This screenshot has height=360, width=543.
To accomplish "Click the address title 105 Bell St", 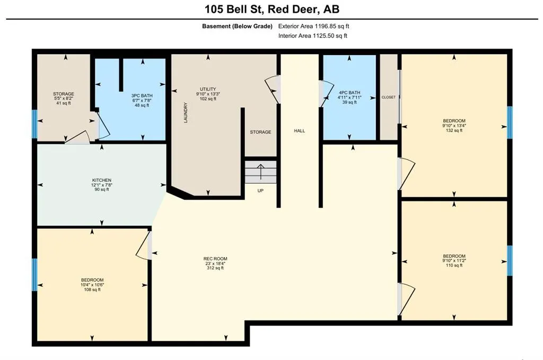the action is (234, 9).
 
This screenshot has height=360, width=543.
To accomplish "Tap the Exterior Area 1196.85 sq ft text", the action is (314, 26).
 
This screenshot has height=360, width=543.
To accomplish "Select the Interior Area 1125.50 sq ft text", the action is (313, 36).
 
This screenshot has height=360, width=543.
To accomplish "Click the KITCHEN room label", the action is (102, 180).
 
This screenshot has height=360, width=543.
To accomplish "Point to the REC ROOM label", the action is (215, 259).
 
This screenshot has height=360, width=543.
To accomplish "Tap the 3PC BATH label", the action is (142, 95).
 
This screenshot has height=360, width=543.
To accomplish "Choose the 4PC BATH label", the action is (349, 92).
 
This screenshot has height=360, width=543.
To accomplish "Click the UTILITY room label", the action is (208, 89).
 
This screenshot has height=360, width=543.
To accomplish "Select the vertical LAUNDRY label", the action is (186, 112).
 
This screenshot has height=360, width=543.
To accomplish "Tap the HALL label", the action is (300, 131).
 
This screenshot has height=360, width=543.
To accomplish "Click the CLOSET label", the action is (389, 97).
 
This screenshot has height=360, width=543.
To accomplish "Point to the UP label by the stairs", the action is (260, 191).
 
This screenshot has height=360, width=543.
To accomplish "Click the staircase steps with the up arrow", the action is (261, 172).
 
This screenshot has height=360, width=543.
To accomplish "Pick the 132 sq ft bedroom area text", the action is (454, 130).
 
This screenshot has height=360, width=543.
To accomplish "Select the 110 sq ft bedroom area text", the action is (454, 266).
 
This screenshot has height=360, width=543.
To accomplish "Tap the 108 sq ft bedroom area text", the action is (92, 289).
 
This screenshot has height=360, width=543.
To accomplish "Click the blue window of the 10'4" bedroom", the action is (34, 275).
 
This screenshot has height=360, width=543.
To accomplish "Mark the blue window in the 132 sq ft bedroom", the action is (510, 122).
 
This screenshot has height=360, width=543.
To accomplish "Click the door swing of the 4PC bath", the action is (326, 94).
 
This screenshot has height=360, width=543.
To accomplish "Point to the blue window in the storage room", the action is (34, 124).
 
